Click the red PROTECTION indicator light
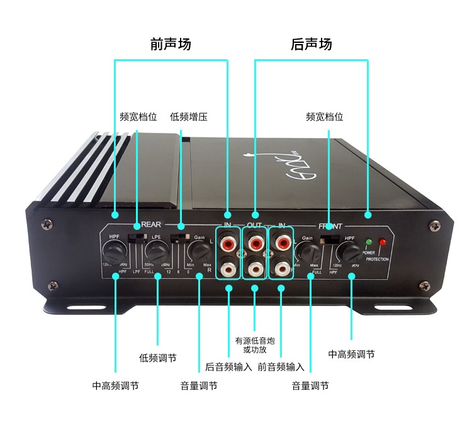(382, 242)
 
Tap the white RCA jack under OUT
(255, 269)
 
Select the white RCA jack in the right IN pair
(281, 269)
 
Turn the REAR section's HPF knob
(115, 254)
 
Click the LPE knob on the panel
(157, 254)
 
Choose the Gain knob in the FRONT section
(308, 254)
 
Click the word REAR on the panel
(152, 224)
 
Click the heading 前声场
(171, 44)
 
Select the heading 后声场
(312, 44)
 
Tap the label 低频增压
(189, 117)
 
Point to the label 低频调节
(157, 358)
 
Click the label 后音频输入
(228, 367)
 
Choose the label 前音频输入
(281, 367)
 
